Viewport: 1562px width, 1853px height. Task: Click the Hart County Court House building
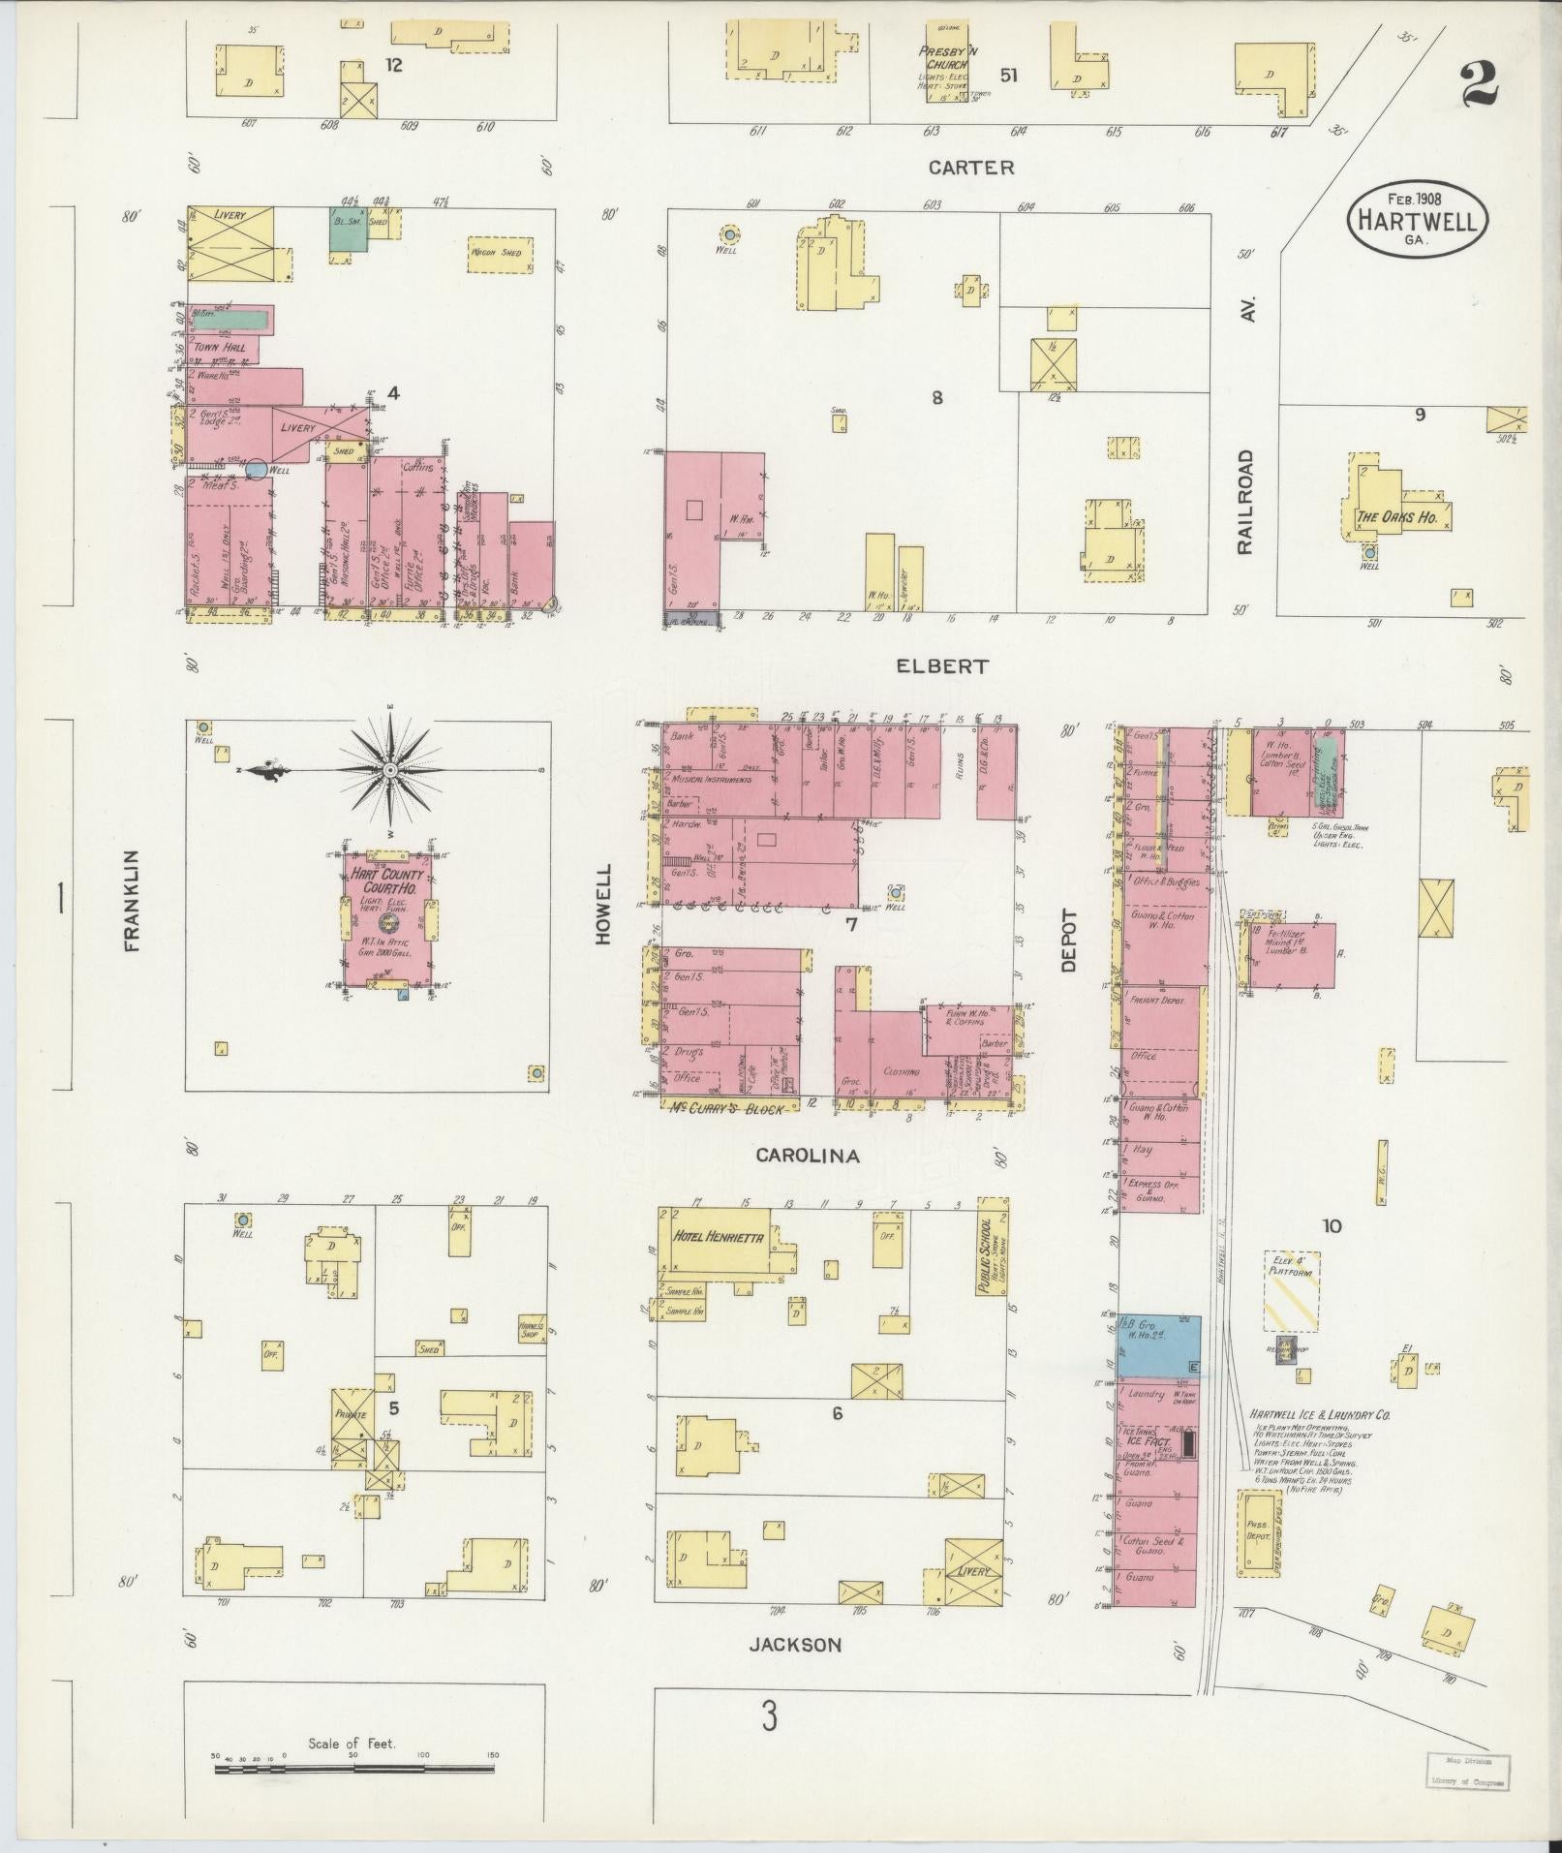pyautogui.click(x=389, y=919)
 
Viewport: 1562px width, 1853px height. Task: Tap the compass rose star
pyautogui.click(x=389, y=770)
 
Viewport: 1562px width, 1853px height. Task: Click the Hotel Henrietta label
pyautogui.click(x=719, y=1238)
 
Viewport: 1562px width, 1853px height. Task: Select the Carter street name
pyautogui.click(x=971, y=168)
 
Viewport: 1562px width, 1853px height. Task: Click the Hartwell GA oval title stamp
pyautogui.click(x=1417, y=221)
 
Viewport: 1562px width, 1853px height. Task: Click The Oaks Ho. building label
pyautogui.click(x=1395, y=516)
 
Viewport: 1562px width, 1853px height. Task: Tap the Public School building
pyautogui.click(x=993, y=1246)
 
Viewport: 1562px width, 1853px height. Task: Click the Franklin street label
pyautogui.click(x=132, y=901)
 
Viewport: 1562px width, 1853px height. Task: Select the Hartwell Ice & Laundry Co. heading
pyautogui.click(x=1319, y=1414)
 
